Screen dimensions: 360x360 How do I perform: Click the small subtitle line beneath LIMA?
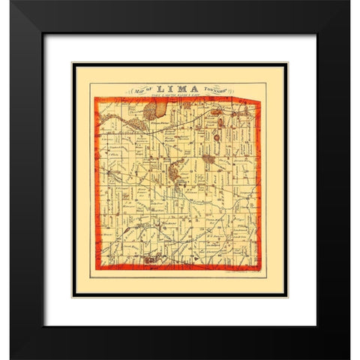179,96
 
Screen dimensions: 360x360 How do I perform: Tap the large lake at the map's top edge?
150,111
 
